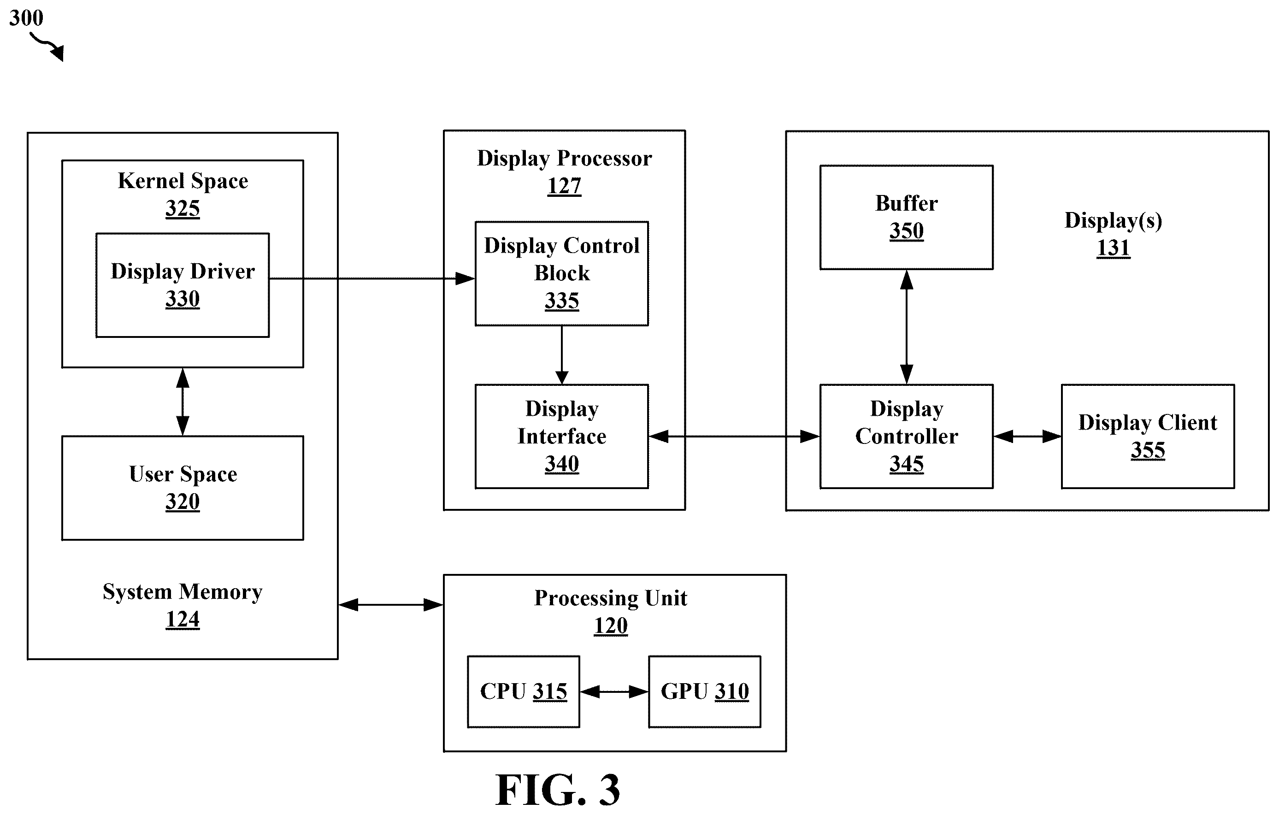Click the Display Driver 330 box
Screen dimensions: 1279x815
click(183, 285)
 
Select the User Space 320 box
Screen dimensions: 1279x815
click(183, 488)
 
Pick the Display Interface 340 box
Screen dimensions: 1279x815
click(562, 436)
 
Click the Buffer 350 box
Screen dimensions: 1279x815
click(907, 217)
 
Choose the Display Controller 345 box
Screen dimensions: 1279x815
click(907, 436)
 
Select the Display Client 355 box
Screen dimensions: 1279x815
click(1148, 436)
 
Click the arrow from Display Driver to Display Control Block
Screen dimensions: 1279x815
click(372, 278)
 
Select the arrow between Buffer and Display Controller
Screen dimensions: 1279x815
click(907, 327)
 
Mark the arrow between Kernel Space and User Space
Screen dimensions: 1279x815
click(183, 402)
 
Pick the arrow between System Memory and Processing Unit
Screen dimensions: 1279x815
click(391, 605)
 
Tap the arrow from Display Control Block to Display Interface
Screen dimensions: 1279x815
click(562, 355)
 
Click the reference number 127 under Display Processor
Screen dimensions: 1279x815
click(564, 186)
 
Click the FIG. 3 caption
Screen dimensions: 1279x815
click(558, 790)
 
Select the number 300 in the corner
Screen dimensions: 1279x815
click(26, 18)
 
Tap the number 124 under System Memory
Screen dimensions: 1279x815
click(183, 620)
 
